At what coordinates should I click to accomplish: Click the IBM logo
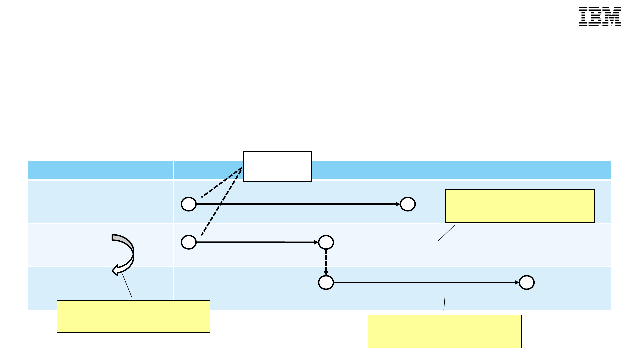click(600, 16)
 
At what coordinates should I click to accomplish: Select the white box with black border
click(277, 166)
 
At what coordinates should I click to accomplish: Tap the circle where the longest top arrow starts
click(189, 204)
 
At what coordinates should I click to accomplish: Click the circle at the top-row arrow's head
click(408, 204)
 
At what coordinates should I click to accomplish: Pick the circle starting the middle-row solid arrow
click(189, 242)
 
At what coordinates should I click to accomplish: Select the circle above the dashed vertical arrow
click(326, 242)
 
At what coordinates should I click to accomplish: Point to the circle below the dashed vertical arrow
click(326, 283)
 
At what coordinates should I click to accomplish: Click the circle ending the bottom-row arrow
click(527, 283)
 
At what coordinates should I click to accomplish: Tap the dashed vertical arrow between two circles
click(326, 262)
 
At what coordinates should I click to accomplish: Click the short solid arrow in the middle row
click(257, 242)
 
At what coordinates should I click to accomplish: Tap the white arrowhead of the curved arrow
click(116, 270)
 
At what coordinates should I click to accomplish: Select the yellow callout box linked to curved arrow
click(133, 317)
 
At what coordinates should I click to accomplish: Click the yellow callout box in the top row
click(520, 206)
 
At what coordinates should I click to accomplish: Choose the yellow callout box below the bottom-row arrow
click(444, 332)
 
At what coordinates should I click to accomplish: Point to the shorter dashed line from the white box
click(222, 183)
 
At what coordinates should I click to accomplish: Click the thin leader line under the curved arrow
click(127, 286)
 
